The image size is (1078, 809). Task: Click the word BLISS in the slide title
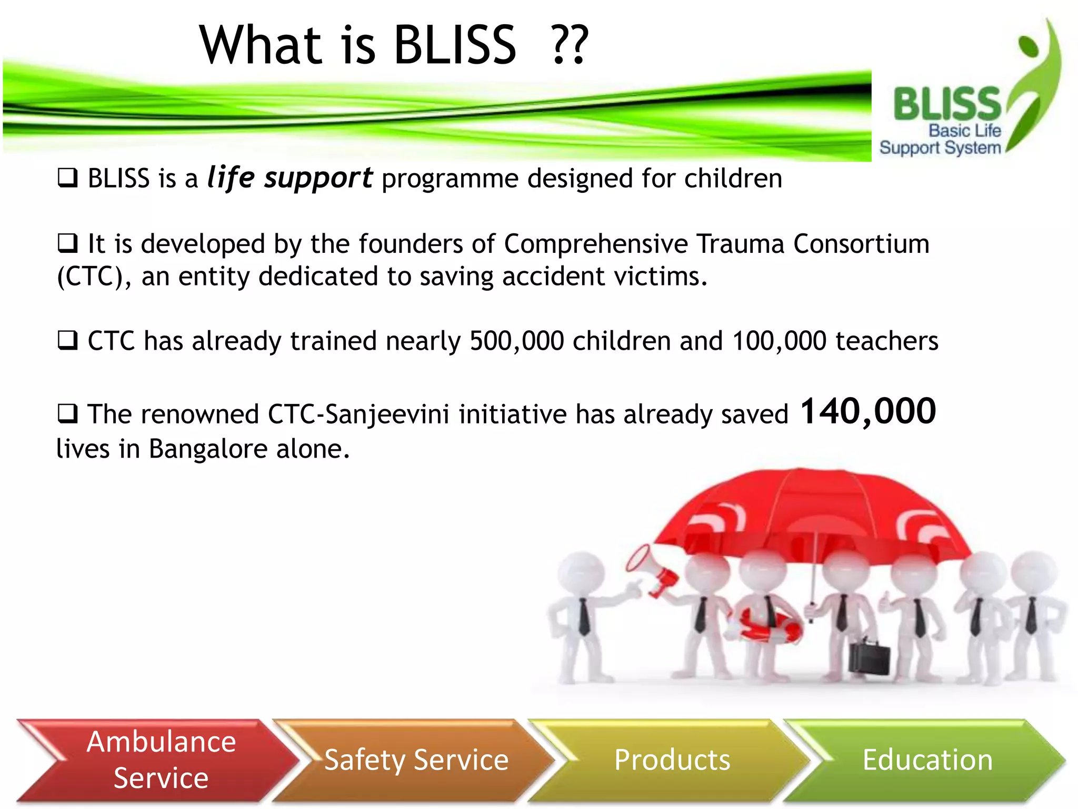pos(455,46)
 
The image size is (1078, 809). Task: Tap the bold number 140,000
pos(868,411)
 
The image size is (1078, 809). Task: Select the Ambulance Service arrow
pos(158,759)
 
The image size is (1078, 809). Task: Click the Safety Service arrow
pos(416,759)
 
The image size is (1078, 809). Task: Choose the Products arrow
pos(672,759)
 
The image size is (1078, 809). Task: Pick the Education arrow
pos(927,759)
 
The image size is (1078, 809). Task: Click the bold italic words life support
pos(290,178)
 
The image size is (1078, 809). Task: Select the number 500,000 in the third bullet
pos(516,341)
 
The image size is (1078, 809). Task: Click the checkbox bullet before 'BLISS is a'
pos(67,178)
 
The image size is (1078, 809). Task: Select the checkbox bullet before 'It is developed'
pos(67,243)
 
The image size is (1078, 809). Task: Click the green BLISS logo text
pos(946,104)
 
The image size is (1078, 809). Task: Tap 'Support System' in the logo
pos(940,148)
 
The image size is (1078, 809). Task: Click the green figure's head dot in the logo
pos(1028,46)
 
